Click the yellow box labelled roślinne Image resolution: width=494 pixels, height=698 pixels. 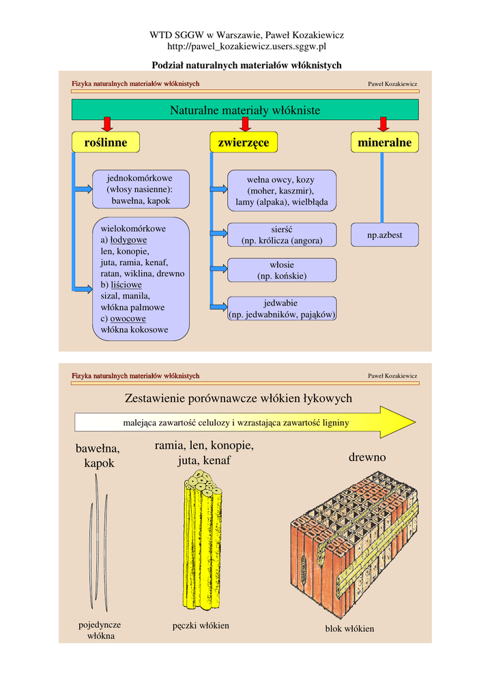(x=106, y=142)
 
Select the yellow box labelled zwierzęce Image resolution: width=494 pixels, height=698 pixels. (x=244, y=142)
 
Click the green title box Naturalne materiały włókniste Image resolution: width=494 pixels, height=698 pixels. (x=245, y=110)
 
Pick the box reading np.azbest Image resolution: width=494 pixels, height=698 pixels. (x=385, y=235)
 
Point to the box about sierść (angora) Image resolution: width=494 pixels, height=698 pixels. (x=282, y=235)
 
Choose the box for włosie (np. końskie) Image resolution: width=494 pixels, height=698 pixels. (x=282, y=271)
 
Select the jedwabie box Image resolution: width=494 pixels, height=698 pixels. (x=282, y=309)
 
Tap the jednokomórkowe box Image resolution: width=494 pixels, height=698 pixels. (x=140, y=189)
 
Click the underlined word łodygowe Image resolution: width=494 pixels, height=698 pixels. (x=128, y=240)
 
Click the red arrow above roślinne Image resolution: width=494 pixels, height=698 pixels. (x=107, y=124)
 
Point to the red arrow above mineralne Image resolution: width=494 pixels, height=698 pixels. (x=383, y=124)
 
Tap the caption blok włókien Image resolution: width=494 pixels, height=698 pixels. (x=349, y=628)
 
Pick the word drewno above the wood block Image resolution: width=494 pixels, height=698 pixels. (x=367, y=457)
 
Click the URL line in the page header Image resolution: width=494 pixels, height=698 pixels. (x=246, y=46)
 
